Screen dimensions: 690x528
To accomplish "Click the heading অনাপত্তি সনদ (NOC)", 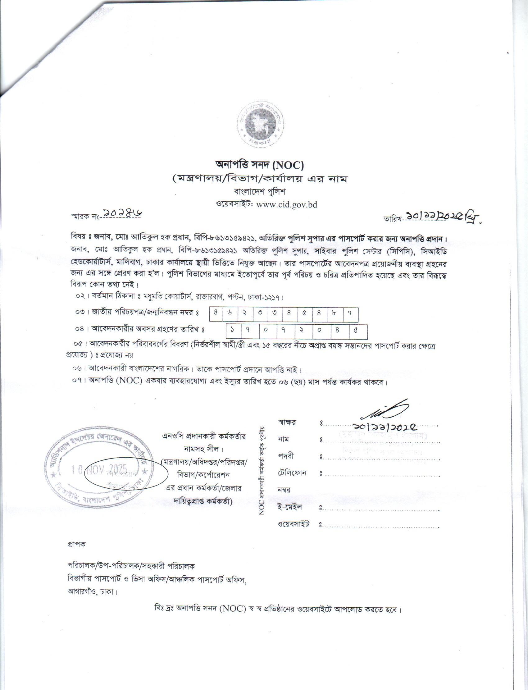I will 259,164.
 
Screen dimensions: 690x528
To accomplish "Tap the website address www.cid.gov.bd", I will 287,205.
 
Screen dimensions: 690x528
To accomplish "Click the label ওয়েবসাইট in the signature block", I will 294,524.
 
